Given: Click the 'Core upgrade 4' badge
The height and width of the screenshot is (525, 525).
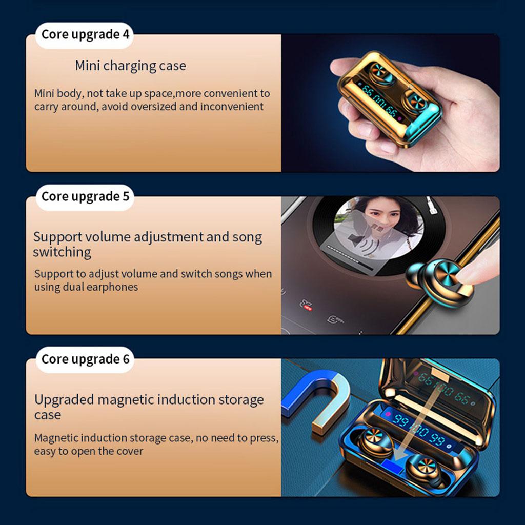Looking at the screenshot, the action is [85, 35].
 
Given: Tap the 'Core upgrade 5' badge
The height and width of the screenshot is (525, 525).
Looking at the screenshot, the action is [85, 197].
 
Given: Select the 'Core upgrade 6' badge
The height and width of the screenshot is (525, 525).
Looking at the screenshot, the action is [85, 359].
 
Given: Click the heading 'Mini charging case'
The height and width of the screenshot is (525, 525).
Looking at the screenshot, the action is [130, 66].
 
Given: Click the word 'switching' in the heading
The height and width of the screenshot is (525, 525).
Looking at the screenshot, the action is [62, 252].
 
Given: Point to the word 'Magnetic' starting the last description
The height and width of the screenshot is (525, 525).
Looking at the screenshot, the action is [56, 438].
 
